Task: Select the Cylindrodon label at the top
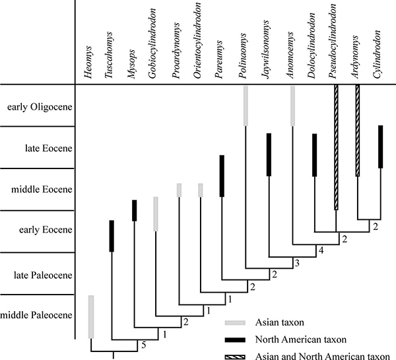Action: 378,59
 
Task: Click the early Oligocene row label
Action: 37,106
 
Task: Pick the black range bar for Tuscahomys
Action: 112,236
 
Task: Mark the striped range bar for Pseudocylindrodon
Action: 335,147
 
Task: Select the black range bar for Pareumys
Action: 222,175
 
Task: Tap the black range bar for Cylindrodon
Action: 380,146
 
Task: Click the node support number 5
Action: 143,343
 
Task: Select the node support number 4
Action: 321,251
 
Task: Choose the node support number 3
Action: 297,264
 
